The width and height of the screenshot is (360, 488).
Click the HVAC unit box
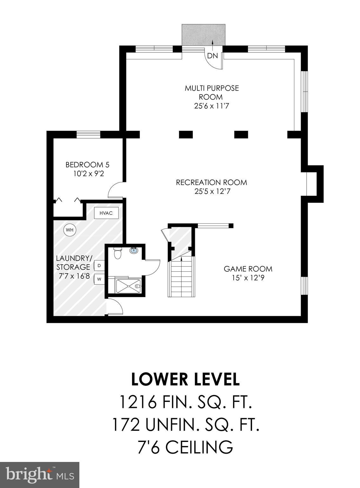[106, 213]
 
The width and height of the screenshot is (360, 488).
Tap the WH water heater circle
[70, 230]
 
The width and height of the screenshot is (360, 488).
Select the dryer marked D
[99, 266]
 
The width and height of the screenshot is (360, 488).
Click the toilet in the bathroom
[117, 254]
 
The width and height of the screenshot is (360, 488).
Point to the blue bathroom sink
[134, 250]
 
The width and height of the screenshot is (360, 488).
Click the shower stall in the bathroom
[128, 286]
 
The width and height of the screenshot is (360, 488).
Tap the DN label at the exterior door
[212, 56]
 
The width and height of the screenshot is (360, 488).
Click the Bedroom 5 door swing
[115, 190]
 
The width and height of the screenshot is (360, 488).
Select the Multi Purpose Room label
[212, 92]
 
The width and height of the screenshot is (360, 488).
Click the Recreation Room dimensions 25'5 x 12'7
[211, 192]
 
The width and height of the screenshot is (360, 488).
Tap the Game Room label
[248, 269]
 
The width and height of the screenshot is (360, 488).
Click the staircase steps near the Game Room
[181, 277]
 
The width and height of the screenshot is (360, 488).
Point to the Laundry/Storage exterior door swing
[115, 307]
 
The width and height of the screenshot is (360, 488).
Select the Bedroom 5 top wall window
[88, 134]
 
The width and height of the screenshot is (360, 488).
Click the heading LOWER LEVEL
[185, 379]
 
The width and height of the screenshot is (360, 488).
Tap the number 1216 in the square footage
[138, 402]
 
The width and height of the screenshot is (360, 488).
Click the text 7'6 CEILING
[185, 447]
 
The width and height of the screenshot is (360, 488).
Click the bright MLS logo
[40, 475]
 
